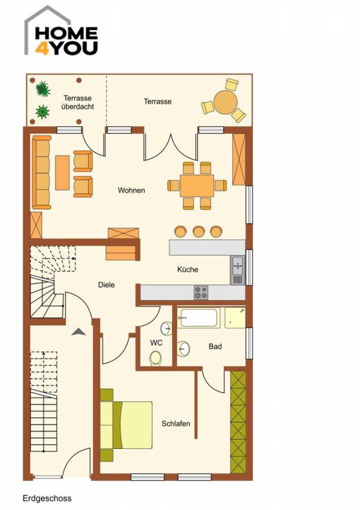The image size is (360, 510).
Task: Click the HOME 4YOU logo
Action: pyautogui.click(x=61, y=34)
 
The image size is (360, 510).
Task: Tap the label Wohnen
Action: pyautogui.click(x=131, y=190)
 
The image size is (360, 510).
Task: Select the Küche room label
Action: pyautogui.click(x=188, y=270)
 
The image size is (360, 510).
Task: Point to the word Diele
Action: pyautogui.click(x=106, y=285)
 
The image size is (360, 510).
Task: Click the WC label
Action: pyautogui.click(x=156, y=343)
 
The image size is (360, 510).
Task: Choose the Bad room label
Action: pyautogui.click(x=215, y=346)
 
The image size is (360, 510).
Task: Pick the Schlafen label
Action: pyautogui.click(x=176, y=424)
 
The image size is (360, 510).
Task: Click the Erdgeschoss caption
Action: pyautogui.click(x=47, y=499)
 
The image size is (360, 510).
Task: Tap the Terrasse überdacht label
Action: pyautogui.click(x=78, y=102)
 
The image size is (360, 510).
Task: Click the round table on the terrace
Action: pyautogui.click(x=226, y=103)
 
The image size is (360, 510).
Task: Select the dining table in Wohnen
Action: pyautogui.click(x=197, y=185)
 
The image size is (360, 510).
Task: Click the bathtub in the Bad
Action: pyautogui.click(x=198, y=318)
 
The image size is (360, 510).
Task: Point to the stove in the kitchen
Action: pyautogui.click(x=201, y=292)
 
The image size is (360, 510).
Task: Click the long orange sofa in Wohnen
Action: pyautogui.click(x=41, y=172)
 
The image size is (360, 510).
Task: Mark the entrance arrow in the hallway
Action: pyautogui.click(x=78, y=332)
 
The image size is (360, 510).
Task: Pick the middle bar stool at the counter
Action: pyautogui.click(x=198, y=231)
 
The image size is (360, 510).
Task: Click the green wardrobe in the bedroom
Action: pyautogui.click(x=238, y=422)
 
